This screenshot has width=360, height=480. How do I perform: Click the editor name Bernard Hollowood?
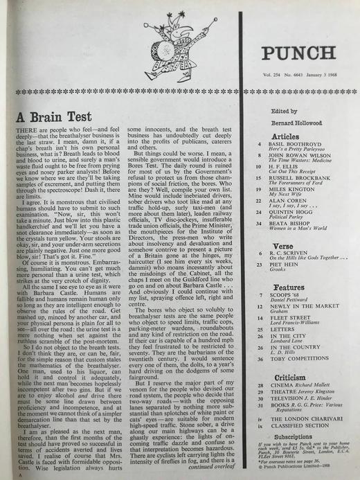(290, 121)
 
